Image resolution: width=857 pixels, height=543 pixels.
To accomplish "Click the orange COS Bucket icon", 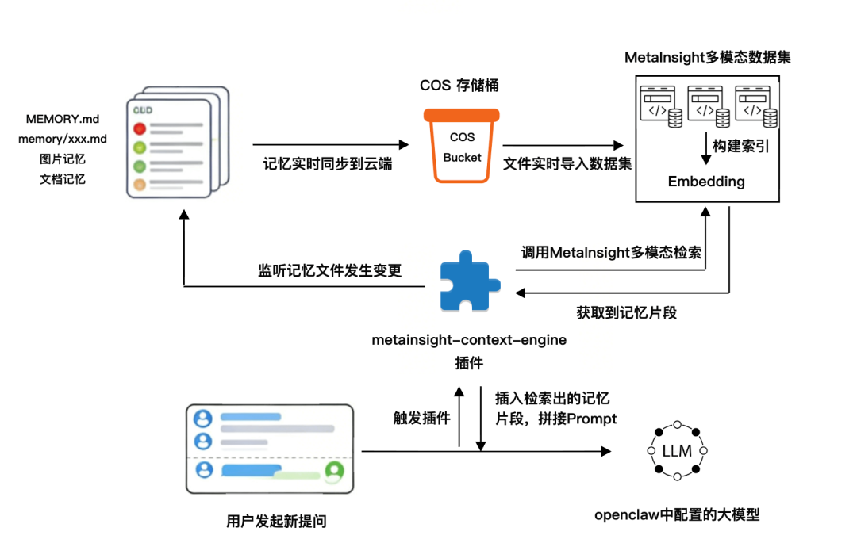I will tap(462, 147).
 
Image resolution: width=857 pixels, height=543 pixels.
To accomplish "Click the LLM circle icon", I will tap(677, 452).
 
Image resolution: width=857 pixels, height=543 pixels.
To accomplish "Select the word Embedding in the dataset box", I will tap(706, 182).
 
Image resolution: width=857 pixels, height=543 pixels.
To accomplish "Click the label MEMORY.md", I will tap(63, 119).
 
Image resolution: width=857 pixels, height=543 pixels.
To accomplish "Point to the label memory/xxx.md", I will tap(63, 139).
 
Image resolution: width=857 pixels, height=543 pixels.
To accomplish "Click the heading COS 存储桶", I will tap(459, 86).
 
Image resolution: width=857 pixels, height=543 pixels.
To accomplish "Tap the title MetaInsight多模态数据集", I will tap(707, 58).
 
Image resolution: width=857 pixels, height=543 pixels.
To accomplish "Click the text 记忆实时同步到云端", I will tap(328, 165).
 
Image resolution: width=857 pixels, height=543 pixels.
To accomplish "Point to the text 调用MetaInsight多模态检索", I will tap(612, 253).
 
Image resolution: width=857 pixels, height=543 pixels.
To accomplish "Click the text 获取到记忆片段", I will tap(626, 312).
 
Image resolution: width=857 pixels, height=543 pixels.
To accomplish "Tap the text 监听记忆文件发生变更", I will tap(329, 270).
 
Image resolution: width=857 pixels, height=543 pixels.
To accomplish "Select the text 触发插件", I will tap(421, 418).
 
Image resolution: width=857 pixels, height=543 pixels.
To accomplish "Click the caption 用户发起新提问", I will tap(276, 521).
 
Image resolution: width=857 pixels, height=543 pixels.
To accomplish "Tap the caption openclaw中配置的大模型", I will tap(677, 514).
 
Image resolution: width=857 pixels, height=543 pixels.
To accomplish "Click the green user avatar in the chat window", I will tap(334, 471).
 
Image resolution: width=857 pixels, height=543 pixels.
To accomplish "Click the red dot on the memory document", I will tap(140, 128).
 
